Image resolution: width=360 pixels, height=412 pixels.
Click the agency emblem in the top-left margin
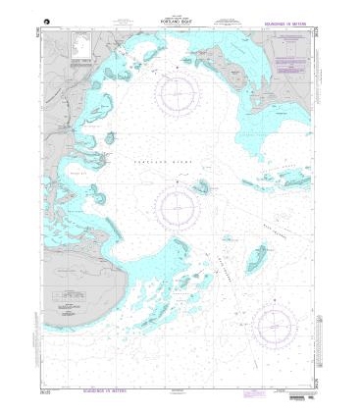click(x=47, y=22)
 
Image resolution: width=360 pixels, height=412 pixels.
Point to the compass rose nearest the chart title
click(x=179, y=95)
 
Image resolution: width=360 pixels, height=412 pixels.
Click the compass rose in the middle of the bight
click(x=178, y=205)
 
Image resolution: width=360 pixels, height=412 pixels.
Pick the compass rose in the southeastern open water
click(x=276, y=324)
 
